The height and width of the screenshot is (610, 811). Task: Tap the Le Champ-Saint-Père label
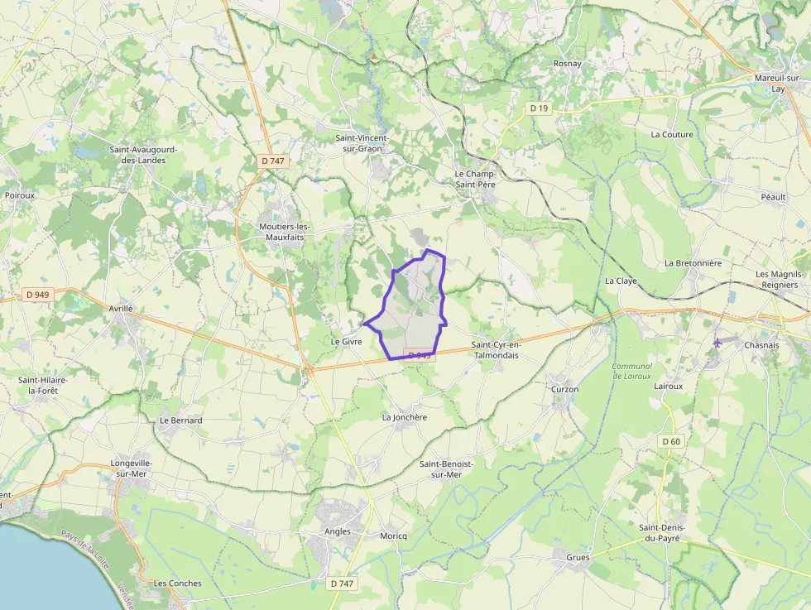click(x=475, y=180)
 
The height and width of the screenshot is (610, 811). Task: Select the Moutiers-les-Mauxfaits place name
click(x=285, y=232)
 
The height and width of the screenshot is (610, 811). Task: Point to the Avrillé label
click(x=121, y=309)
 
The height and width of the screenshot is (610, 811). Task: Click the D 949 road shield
click(x=37, y=294)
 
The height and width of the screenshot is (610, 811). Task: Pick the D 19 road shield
click(x=540, y=108)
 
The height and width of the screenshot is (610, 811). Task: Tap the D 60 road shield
click(x=671, y=441)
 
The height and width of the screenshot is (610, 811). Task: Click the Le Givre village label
click(x=347, y=341)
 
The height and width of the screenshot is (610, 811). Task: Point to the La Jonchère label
click(x=404, y=417)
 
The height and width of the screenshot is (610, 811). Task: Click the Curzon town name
click(x=564, y=389)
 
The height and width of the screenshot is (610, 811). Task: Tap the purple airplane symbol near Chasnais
click(x=717, y=342)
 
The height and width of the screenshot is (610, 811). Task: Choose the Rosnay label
click(x=568, y=64)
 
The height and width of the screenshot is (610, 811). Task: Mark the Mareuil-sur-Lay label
click(x=777, y=83)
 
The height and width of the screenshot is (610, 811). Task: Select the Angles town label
click(x=338, y=531)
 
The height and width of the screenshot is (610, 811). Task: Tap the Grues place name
click(x=578, y=558)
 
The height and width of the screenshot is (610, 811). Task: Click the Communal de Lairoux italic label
click(x=632, y=372)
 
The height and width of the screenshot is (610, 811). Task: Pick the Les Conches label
click(x=178, y=584)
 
